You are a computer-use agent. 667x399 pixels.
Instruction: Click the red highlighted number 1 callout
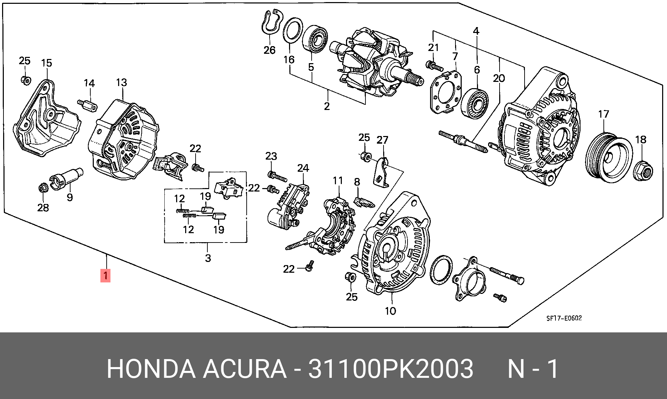tap(105, 275)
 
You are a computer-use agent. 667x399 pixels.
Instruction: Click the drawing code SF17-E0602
tap(564, 318)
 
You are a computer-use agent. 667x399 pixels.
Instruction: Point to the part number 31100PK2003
tap(390, 368)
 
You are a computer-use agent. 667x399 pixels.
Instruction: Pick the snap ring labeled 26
tap(270, 23)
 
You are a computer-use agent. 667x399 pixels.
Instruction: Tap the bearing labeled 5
tap(315, 39)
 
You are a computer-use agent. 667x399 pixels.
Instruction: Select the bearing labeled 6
tap(475, 103)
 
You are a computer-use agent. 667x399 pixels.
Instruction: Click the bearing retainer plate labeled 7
tap(446, 92)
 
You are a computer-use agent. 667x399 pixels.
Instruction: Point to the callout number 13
tap(122, 83)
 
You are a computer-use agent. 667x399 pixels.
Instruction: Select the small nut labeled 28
tap(43, 188)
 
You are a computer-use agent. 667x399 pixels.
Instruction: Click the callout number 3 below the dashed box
tap(208, 258)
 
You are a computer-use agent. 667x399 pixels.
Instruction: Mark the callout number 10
tap(390, 311)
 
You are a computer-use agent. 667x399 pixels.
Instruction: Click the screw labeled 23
tap(278, 177)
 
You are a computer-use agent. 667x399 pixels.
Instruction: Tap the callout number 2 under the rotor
tap(327, 106)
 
